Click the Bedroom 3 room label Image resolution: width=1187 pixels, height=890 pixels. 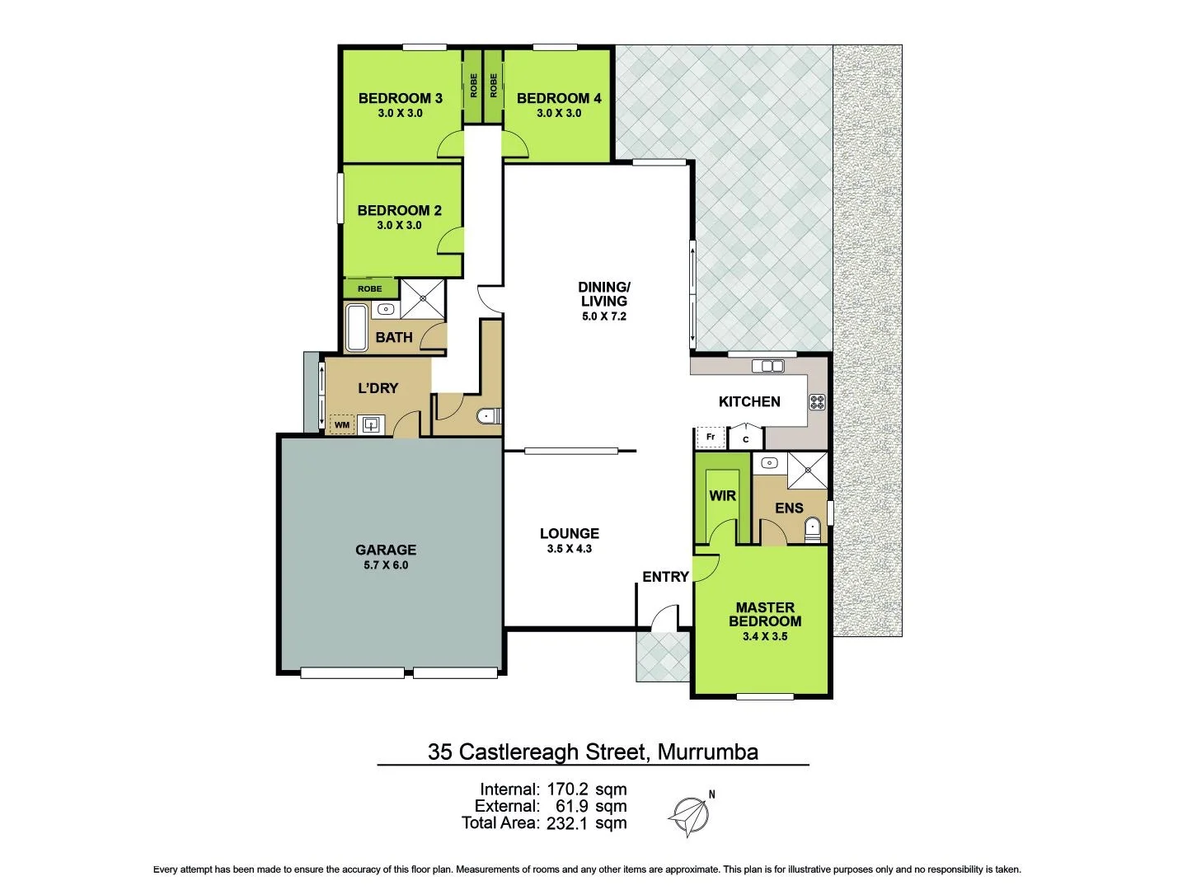(400, 98)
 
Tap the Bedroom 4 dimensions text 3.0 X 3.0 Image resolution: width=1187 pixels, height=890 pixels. (559, 114)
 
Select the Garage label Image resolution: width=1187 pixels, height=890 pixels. (386, 550)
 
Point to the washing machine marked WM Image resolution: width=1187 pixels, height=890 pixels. (342, 425)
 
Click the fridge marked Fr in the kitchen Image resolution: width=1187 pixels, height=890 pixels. (710, 437)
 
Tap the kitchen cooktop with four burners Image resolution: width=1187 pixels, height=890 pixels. (817, 402)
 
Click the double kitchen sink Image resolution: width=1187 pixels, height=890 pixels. (767, 366)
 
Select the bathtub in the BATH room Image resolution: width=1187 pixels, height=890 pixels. (356, 328)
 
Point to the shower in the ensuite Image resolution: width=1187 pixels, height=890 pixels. (807, 471)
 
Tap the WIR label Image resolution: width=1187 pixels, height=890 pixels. (722, 496)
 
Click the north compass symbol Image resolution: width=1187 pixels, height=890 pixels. (689, 816)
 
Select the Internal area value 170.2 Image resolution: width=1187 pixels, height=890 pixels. (569, 789)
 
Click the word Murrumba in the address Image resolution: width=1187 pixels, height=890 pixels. (707, 752)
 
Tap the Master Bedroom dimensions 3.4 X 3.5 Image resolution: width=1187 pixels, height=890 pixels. (765, 637)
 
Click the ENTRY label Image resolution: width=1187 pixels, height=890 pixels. (665, 577)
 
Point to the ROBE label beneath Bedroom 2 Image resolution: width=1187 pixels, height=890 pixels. (369, 289)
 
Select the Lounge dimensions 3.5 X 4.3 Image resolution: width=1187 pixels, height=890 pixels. (569, 549)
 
